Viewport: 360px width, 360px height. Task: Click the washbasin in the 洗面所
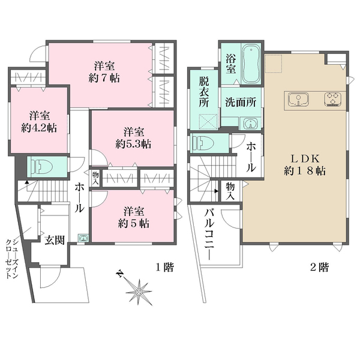[248, 124]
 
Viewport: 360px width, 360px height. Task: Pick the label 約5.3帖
[133, 144]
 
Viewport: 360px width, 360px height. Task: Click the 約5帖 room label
[133, 223]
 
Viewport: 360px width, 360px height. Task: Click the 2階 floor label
[320, 267]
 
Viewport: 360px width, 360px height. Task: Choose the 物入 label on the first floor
[95, 178]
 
